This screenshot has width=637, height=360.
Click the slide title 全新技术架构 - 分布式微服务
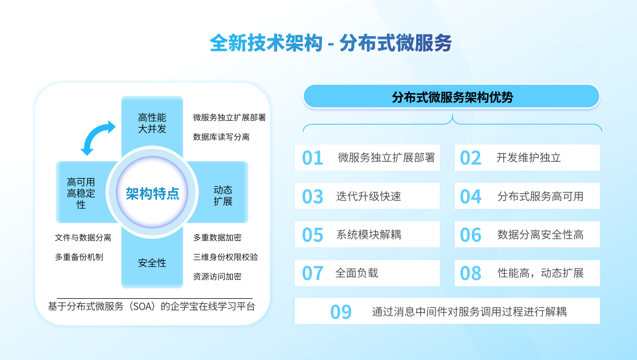coord(331,43)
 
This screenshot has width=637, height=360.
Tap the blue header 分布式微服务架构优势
coord(451,96)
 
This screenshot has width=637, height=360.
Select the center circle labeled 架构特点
coord(152,193)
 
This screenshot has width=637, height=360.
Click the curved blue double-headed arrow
coord(98,138)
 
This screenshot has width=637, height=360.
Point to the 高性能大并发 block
coord(152,123)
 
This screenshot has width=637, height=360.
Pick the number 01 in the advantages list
coord(312,158)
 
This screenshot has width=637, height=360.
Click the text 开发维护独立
coord(529,158)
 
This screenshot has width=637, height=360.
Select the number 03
coord(312,197)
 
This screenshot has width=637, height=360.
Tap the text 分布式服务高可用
coord(540,197)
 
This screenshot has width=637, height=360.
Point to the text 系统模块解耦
coord(369,234)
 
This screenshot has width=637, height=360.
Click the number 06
coord(470,235)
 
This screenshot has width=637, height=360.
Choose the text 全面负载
coord(357,273)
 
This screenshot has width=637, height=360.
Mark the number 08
coord(470,273)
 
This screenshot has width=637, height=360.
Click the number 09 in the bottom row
coord(341,312)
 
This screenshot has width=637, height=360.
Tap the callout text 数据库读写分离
coord(221,137)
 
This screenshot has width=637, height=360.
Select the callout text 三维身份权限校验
coord(226,257)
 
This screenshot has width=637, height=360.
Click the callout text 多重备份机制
coord(79,257)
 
